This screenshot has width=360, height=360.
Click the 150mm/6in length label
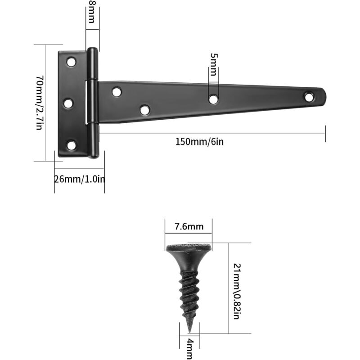pos(199,142)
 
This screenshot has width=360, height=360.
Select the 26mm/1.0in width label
pos(80,179)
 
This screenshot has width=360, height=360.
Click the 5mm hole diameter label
pos(213,65)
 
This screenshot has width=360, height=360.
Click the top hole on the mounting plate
pos(71,62)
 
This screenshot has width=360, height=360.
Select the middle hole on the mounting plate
pos(68,103)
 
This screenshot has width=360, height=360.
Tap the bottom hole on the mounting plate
pos(71,144)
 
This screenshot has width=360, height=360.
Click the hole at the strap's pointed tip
pos(309,96)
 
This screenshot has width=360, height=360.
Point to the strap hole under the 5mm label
pos(213,99)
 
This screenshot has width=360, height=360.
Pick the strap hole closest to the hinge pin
pos(117,92)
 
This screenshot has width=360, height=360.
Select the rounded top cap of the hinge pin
pos(92,50)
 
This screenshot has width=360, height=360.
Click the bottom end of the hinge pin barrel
pos(93,154)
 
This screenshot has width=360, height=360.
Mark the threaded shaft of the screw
pos(189,292)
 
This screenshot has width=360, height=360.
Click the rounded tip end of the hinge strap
pos(321,95)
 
